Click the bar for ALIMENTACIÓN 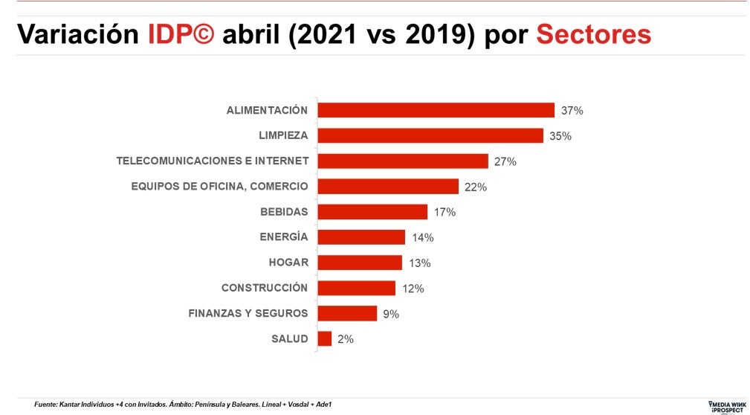[436, 110]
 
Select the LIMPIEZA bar [430, 135]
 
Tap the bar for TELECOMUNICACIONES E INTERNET [402, 161]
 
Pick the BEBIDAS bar [372, 212]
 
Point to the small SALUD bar [325, 339]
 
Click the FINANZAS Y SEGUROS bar [347, 313]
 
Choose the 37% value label [572, 111]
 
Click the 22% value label [476, 187]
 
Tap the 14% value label [422, 238]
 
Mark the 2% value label [346, 339]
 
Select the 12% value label [413, 289]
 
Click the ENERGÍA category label [283, 237]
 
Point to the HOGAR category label [288, 263]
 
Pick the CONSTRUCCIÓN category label [265, 288]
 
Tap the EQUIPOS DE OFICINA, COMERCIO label [219, 186]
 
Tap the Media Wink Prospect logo [725, 405]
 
